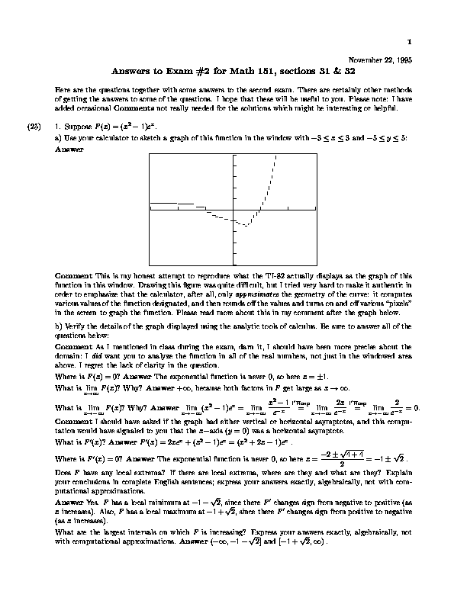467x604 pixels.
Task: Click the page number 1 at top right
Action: [410, 41]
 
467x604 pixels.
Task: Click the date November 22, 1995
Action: [379, 60]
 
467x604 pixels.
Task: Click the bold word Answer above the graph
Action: [69, 150]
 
